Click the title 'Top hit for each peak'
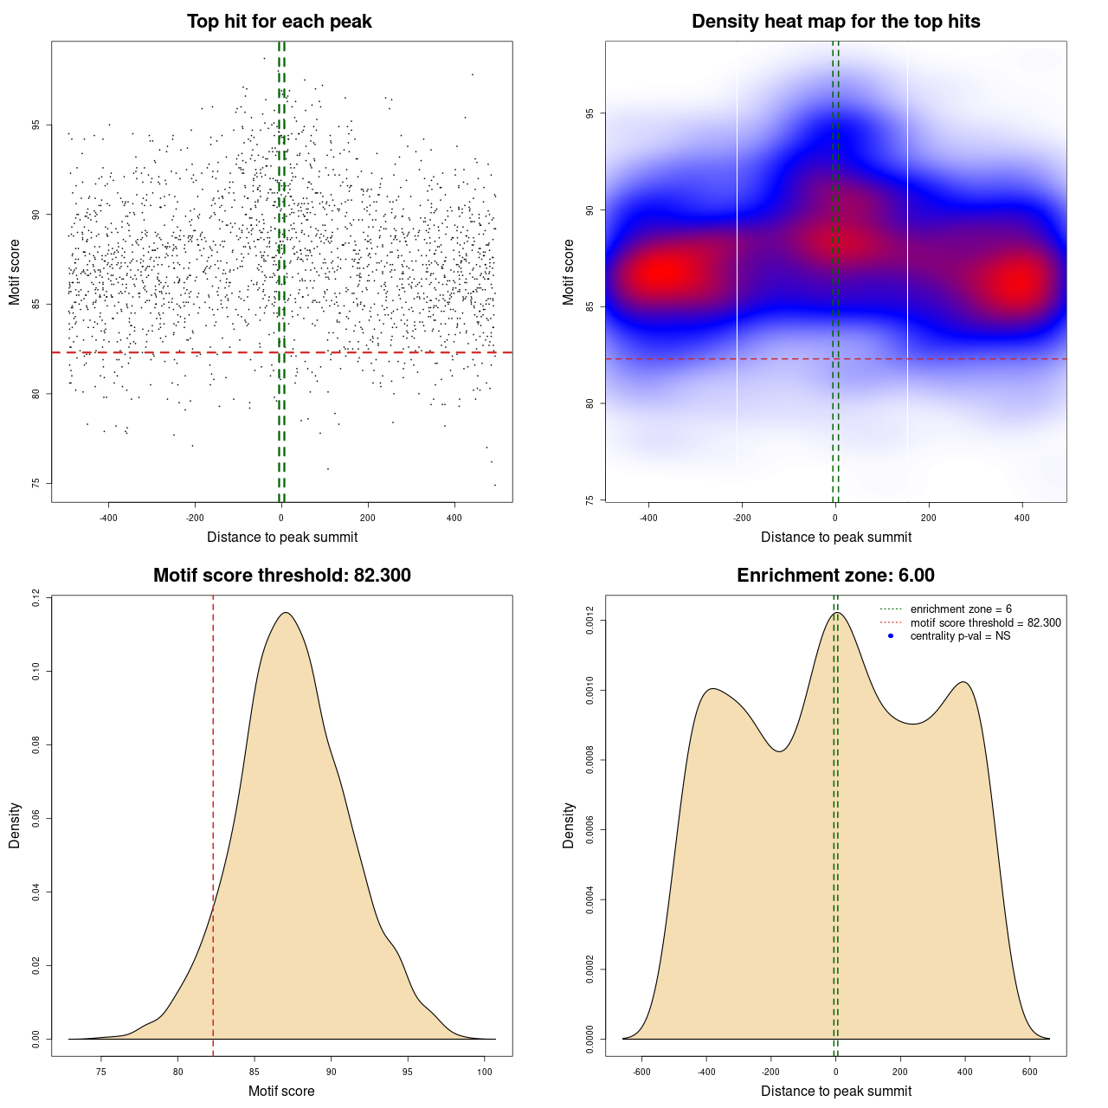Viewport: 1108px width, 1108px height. click(279, 22)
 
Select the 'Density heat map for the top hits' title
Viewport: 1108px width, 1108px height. click(835, 22)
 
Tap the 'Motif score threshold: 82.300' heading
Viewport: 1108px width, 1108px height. click(281, 576)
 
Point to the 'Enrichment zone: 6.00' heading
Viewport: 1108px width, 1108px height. click(835, 576)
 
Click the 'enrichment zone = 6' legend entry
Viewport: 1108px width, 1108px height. click(961, 609)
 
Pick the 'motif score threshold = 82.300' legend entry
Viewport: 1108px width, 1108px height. click(985, 622)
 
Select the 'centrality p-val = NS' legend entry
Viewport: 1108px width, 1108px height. click(960, 636)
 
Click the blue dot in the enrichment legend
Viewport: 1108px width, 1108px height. click(891, 636)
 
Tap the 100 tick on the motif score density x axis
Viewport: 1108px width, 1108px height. click(485, 1072)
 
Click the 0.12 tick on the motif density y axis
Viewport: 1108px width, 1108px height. click(35, 597)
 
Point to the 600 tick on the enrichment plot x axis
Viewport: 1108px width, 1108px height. click(1029, 1072)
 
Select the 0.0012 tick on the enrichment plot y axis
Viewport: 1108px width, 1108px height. click(589, 621)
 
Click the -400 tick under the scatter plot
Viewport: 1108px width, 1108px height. click(108, 518)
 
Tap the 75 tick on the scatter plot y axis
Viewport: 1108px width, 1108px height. click(35, 483)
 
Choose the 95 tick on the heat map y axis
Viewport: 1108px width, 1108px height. click(589, 113)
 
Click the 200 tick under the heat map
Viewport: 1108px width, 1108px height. click(929, 518)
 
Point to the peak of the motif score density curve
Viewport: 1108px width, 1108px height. click(285, 613)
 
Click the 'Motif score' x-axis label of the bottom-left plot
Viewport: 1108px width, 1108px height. click(281, 1091)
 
